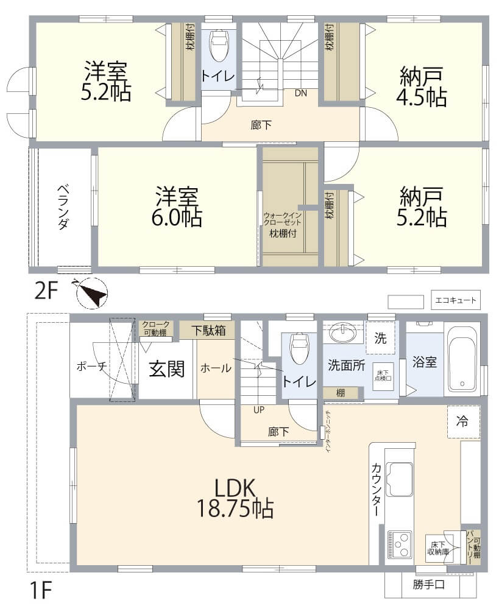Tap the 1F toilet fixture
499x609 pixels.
pos(300,348)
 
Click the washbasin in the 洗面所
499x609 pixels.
pos(343,333)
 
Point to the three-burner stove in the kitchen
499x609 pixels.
pos(399,544)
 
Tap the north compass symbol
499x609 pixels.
pos(92,293)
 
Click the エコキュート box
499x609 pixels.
pos(456,300)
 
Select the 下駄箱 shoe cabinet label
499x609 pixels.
pos(208,331)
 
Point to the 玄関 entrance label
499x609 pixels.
pos(167,368)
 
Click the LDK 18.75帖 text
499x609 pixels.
pos(235,498)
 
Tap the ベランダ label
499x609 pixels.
pos(64,207)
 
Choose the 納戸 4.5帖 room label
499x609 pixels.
pos(422,86)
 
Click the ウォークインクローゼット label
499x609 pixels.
pos(283,219)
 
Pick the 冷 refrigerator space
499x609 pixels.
pos(463,421)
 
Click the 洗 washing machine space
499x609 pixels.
pos(380,338)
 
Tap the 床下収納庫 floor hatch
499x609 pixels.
pos(439,547)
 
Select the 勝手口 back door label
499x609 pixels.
pos(429,584)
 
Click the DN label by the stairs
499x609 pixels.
pos(300,93)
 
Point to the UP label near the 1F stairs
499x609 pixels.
pos(259,410)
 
